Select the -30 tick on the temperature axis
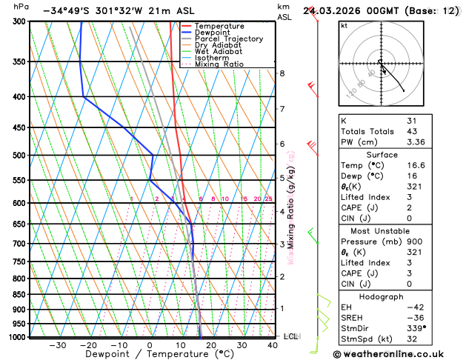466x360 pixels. (x=57, y=345)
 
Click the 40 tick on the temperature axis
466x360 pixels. (x=273, y=345)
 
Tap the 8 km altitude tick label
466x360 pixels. (x=282, y=73)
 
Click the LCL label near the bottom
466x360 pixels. (x=290, y=336)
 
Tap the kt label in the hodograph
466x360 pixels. (x=344, y=25)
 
